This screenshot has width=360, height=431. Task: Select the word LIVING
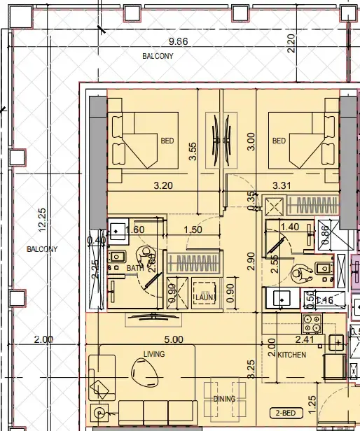(x=153, y=355)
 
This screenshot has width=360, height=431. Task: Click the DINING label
(x=225, y=399)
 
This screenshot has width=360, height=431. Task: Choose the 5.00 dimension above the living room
(x=173, y=339)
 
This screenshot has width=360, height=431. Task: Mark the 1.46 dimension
(x=325, y=300)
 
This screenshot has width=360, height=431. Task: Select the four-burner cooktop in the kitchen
(x=311, y=324)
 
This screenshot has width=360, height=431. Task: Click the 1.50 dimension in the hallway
(x=193, y=229)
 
